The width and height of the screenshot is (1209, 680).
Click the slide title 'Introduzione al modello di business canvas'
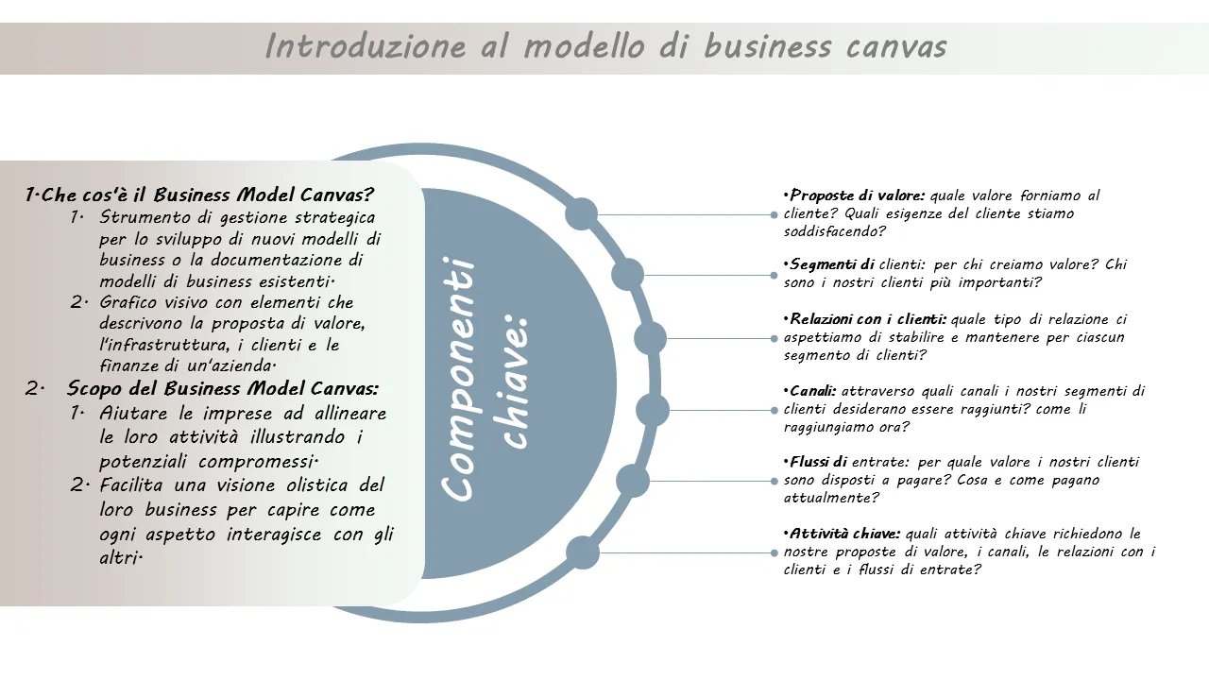pyautogui.click(x=604, y=46)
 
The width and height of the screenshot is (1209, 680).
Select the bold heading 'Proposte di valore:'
pyautogui.click(x=858, y=196)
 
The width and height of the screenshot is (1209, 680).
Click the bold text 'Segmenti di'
pyautogui.click(x=832, y=264)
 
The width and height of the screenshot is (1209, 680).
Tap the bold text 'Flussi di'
pyautogui.click(x=818, y=462)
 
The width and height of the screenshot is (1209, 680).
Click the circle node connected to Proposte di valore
pyautogui.click(x=582, y=214)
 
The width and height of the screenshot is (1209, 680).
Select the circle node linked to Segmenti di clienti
pyautogui.click(x=628, y=275)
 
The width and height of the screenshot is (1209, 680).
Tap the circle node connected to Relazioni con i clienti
pyautogui.click(x=650, y=338)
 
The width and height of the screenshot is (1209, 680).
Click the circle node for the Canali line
pyautogui.click(x=653, y=410)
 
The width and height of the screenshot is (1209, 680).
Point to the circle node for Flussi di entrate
pyautogui.click(x=633, y=481)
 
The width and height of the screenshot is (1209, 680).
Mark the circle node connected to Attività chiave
pyautogui.click(x=583, y=552)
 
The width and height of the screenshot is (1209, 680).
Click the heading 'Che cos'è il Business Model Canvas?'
pyautogui.click(x=208, y=195)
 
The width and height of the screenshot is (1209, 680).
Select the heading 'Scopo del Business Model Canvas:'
pyautogui.click(x=223, y=388)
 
